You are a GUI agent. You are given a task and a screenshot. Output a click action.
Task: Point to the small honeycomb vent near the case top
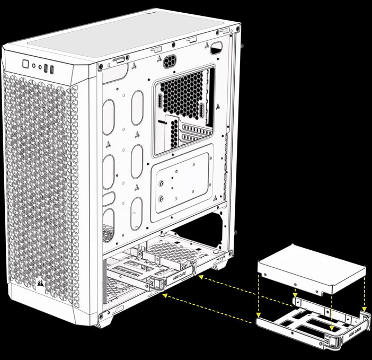pyautogui.click(x=170, y=61)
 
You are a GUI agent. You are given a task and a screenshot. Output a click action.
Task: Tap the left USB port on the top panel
pyautogui.click(x=46, y=68)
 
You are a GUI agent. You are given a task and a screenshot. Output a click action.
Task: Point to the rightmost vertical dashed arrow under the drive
pyautogui.click(x=365, y=294)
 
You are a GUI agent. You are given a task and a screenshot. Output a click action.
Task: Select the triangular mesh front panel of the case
pyautogui.click(x=40, y=180)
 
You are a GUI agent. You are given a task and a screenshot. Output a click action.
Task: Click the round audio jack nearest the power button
pyautogui.click(x=34, y=66)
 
